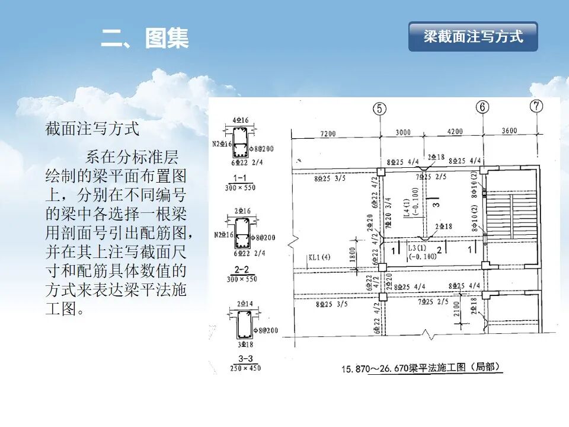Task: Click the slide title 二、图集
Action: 145,39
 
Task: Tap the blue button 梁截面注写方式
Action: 473,37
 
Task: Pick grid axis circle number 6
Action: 483,107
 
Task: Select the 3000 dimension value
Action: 403,132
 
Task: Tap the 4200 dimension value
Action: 455,132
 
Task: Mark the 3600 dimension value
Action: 509,132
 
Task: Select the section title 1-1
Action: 241,178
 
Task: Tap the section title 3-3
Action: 241,359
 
